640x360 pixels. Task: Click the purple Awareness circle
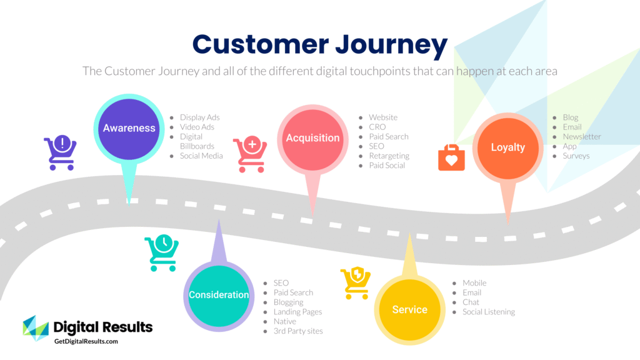129,128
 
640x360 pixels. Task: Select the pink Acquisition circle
312,138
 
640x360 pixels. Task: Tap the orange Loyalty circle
507,148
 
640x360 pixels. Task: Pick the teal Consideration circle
219,295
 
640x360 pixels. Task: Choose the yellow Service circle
409,309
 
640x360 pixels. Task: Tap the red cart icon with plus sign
250,154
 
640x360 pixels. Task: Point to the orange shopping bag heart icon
451,157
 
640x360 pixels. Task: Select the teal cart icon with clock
161,252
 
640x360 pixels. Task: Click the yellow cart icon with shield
356,283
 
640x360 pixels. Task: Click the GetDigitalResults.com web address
86,342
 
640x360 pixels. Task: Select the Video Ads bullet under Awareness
197,127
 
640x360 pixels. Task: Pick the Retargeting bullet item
389,156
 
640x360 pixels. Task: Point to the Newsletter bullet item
581,136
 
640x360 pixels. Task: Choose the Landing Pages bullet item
297,312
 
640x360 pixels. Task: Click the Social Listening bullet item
488,312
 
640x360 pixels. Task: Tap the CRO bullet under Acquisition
377,127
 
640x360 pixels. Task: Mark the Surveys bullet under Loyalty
576,156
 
